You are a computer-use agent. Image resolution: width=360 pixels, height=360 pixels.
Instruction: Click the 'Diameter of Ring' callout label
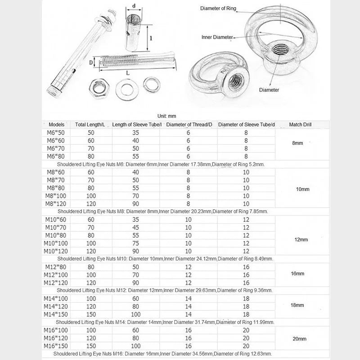(218, 8)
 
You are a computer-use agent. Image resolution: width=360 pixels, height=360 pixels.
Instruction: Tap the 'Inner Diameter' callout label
(217, 37)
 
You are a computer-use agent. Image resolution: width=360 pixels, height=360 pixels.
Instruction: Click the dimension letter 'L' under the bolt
(129, 72)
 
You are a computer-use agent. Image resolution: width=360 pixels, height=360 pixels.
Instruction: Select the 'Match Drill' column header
(301, 124)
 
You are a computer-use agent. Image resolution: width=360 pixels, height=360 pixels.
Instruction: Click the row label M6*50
(56, 133)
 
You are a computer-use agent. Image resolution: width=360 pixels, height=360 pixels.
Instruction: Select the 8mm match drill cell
(297, 143)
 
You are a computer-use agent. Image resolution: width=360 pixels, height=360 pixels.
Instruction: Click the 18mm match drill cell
(297, 305)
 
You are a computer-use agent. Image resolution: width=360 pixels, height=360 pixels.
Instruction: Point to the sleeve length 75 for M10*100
(135, 243)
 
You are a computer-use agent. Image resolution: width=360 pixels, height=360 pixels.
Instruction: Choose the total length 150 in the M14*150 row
(91, 314)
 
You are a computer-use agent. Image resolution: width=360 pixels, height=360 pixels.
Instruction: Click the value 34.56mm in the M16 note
(205, 354)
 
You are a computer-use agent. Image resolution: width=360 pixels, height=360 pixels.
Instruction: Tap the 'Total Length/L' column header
(90, 124)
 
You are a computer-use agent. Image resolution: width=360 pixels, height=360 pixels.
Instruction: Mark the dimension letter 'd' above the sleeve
(134, 6)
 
